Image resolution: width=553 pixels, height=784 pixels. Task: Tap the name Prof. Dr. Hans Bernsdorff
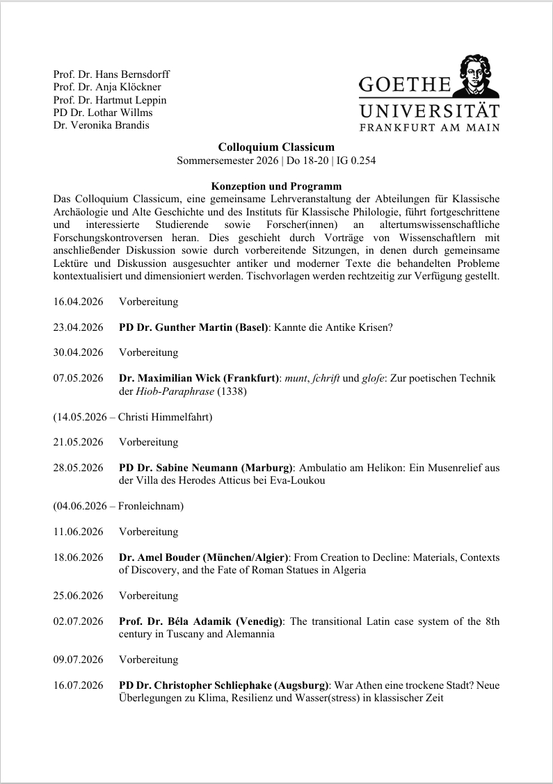(x=111, y=74)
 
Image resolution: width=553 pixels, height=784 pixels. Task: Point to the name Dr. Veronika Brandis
(x=101, y=125)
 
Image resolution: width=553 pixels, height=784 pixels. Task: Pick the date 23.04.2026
(x=78, y=327)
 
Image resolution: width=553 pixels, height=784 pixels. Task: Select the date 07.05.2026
(x=78, y=377)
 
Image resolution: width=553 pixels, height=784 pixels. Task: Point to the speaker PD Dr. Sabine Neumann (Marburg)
(x=207, y=468)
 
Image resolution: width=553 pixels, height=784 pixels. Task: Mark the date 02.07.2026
(x=78, y=621)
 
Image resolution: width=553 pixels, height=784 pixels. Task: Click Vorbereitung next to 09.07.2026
(x=148, y=660)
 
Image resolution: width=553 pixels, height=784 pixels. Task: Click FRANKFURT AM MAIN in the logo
(x=429, y=126)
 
